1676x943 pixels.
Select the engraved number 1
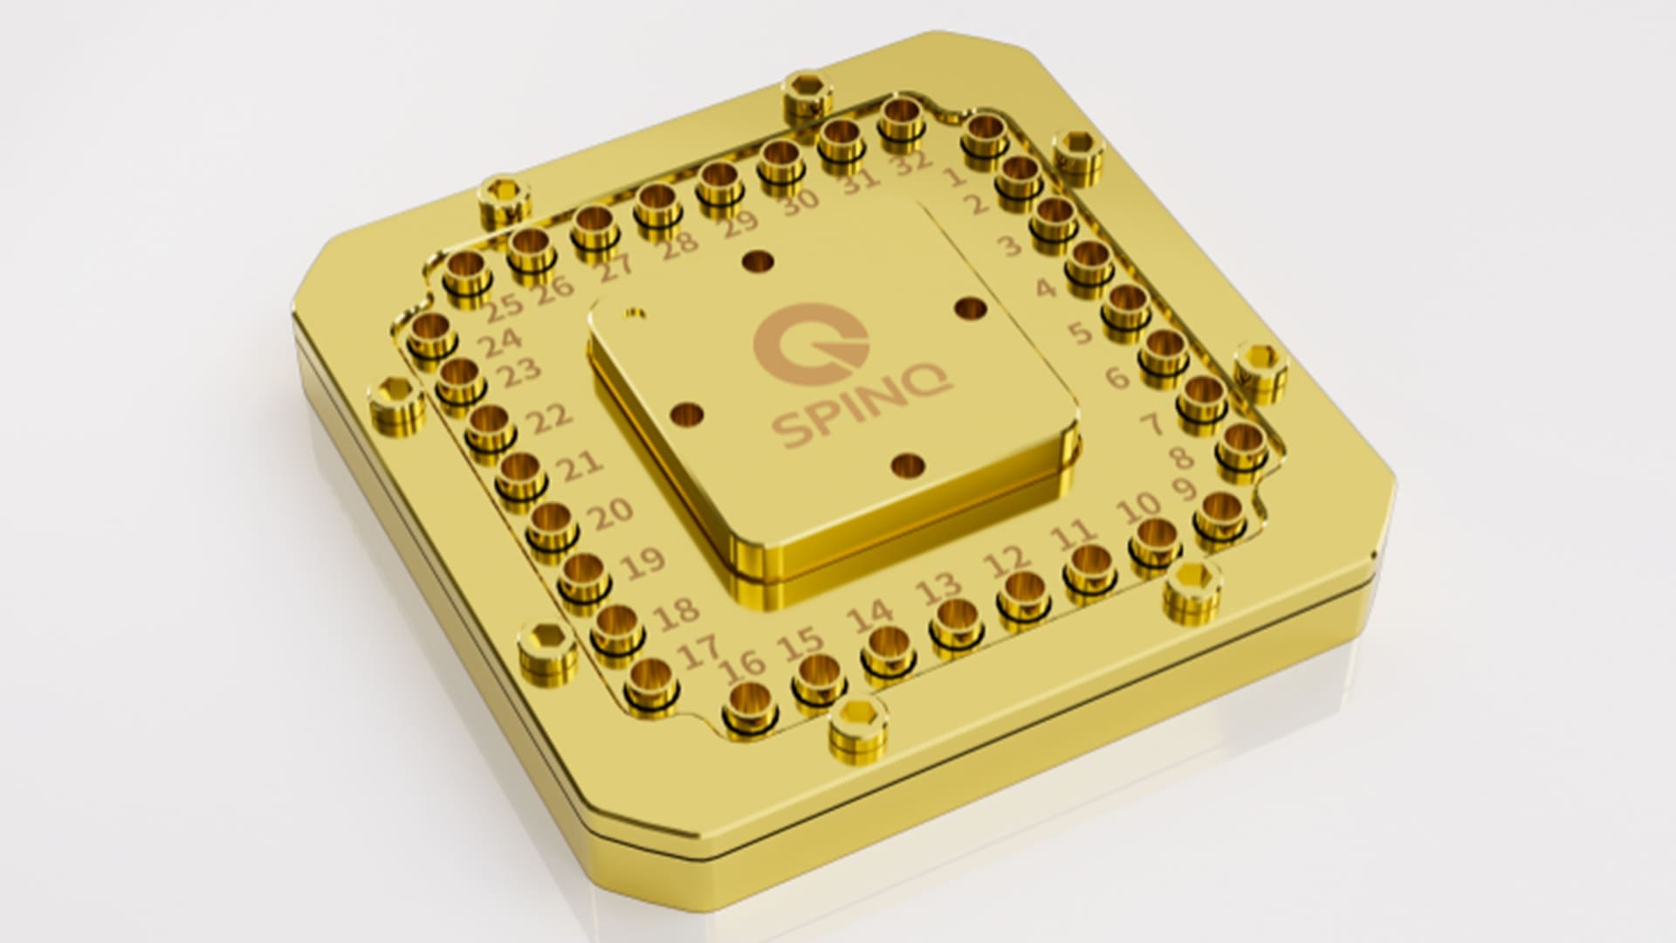pos(955,177)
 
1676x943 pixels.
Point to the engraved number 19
pos(646,562)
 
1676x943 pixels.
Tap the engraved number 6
pos(1118,376)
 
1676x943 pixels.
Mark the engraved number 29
pos(740,224)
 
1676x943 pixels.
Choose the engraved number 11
pos(1072,532)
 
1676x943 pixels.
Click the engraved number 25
pos(504,305)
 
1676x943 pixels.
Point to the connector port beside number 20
pos(552,522)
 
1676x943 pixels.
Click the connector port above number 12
pos(1023,589)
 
